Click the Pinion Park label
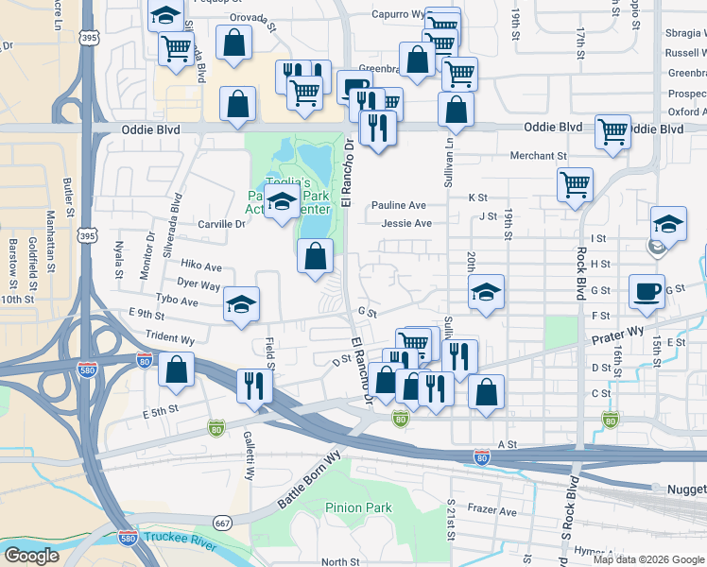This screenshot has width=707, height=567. click(x=358, y=507)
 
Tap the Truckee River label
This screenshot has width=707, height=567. click(x=179, y=539)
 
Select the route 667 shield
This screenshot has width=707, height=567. click(x=222, y=524)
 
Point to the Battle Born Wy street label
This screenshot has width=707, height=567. click(x=308, y=481)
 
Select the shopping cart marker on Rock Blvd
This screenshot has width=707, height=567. click(x=575, y=184)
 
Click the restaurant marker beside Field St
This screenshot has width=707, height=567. click(x=253, y=383)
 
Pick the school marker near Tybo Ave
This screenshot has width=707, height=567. click(x=241, y=304)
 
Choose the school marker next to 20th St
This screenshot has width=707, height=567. click(x=486, y=291)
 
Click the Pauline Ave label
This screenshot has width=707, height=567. click(x=398, y=205)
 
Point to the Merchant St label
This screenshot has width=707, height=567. click(x=538, y=156)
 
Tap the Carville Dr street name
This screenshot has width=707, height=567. click(x=220, y=224)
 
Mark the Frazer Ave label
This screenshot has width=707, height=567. click(x=494, y=511)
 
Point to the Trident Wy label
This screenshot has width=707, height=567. click(x=170, y=338)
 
